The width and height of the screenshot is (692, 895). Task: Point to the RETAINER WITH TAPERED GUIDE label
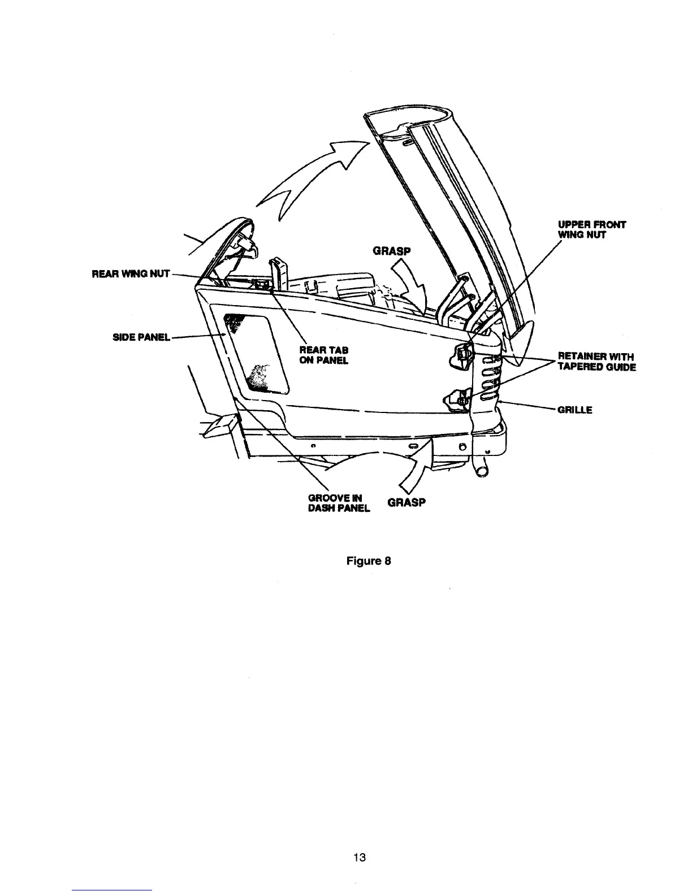596,362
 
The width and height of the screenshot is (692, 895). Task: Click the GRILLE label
574,410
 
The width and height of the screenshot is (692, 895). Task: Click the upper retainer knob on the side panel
462,354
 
